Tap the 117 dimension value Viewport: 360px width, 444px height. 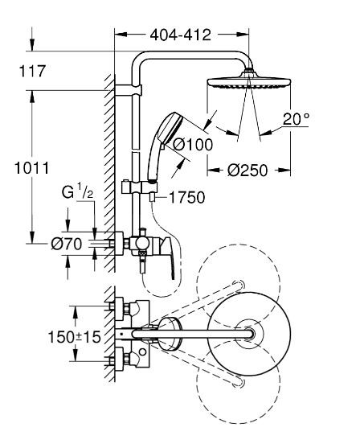[31, 72]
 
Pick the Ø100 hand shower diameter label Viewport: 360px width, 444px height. [192, 144]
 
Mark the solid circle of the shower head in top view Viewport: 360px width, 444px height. [251, 332]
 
